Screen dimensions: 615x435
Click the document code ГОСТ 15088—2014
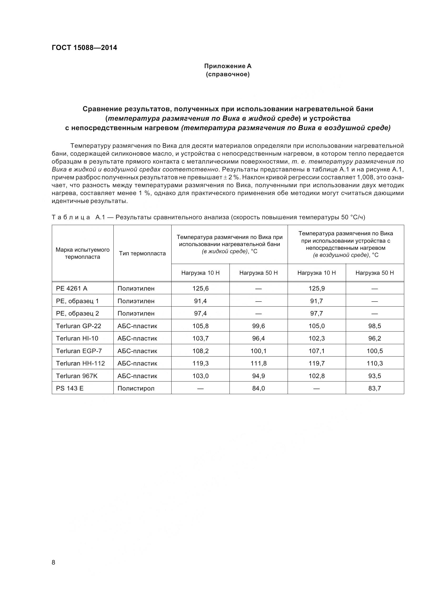click(x=84, y=48)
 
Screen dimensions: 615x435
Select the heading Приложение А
click(x=228, y=66)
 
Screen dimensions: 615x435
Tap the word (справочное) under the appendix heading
click(x=228, y=74)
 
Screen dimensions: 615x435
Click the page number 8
click(x=53, y=562)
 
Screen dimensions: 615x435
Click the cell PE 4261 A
click(x=72, y=288)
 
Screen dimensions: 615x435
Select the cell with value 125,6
click(x=200, y=288)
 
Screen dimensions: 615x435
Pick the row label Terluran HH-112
click(x=81, y=363)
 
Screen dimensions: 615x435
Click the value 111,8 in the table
click(x=258, y=363)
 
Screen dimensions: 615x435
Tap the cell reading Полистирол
click(x=136, y=388)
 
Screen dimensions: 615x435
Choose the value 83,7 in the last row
click(x=374, y=388)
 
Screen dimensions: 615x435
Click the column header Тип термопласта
click(x=142, y=253)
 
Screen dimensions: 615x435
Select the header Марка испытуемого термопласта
click(x=83, y=253)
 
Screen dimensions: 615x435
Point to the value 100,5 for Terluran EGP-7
click(x=374, y=351)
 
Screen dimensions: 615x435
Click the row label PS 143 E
click(x=70, y=388)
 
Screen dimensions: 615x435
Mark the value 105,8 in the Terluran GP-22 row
click(x=200, y=326)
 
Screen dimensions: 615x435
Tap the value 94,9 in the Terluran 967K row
click(x=258, y=376)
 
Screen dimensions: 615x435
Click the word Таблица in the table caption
click(x=71, y=217)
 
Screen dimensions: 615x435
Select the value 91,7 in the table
click(x=316, y=301)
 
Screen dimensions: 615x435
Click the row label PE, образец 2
click(x=77, y=313)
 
